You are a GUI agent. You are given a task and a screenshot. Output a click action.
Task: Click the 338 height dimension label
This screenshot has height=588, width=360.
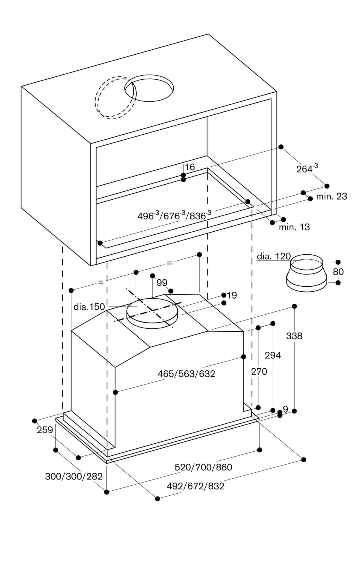(x=294, y=336)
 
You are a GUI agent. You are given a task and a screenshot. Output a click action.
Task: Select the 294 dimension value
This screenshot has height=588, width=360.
(x=273, y=355)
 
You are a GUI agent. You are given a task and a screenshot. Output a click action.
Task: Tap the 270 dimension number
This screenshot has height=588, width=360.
(x=259, y=372)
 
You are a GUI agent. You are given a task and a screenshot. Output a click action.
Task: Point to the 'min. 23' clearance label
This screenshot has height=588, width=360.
(x=331, y=196)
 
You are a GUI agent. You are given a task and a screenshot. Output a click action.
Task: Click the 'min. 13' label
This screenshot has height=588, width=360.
(x=294, y=227)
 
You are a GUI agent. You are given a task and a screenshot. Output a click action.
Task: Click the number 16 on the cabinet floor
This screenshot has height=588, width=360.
(x=190, y=167)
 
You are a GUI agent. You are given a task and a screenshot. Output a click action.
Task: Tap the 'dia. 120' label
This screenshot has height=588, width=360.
(x=274, y=256)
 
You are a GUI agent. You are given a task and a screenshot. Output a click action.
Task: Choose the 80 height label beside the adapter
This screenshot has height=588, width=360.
(x=338, y=272)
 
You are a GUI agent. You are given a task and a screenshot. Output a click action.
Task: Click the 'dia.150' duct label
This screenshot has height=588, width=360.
(x=89, y=307)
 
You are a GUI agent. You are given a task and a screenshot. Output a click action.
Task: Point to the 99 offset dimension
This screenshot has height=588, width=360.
(x=162, y=283)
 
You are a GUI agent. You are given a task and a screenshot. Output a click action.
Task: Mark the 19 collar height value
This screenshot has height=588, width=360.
(x=232, y=295)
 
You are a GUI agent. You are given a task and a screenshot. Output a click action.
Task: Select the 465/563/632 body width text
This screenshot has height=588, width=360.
(x=186, y=374)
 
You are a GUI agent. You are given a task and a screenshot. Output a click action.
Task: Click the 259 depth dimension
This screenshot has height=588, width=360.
(x=45, y=430)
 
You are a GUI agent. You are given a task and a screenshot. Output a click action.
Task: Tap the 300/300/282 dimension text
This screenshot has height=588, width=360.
(x=74, y=476)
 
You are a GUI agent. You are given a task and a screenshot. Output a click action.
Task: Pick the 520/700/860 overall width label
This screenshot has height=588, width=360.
(x=203, y=467)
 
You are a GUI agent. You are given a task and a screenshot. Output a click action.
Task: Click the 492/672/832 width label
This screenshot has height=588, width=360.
(x=195, y=486)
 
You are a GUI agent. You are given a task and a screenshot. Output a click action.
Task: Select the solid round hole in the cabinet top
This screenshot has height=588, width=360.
(x=149, y=88)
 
